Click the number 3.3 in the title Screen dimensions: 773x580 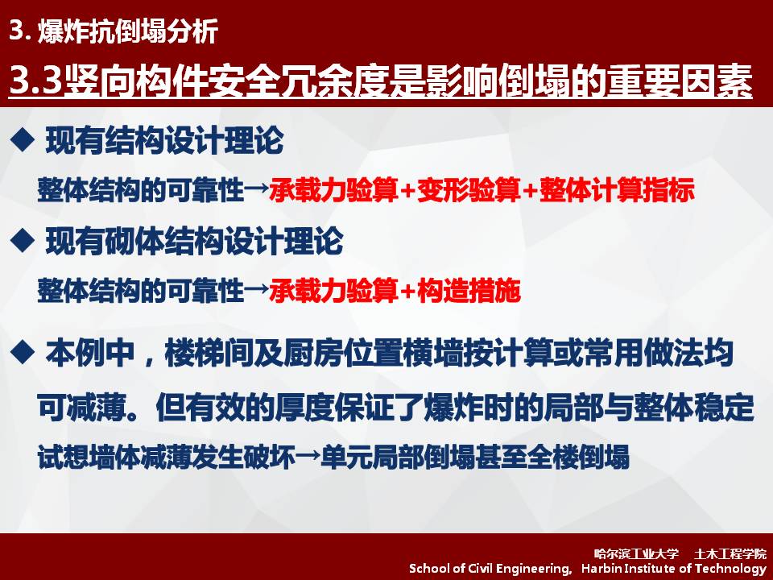pos(35,80)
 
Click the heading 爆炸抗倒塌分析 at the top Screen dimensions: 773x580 pos(128,31)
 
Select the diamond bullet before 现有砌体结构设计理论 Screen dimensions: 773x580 pos(23,241)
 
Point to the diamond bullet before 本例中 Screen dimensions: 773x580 pos(23,353)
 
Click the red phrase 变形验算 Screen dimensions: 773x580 pos(469,190)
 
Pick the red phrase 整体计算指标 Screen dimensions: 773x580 pos(618,190)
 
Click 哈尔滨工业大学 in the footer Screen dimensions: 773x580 pos(636,554)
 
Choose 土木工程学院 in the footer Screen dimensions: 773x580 pos(730,554)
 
